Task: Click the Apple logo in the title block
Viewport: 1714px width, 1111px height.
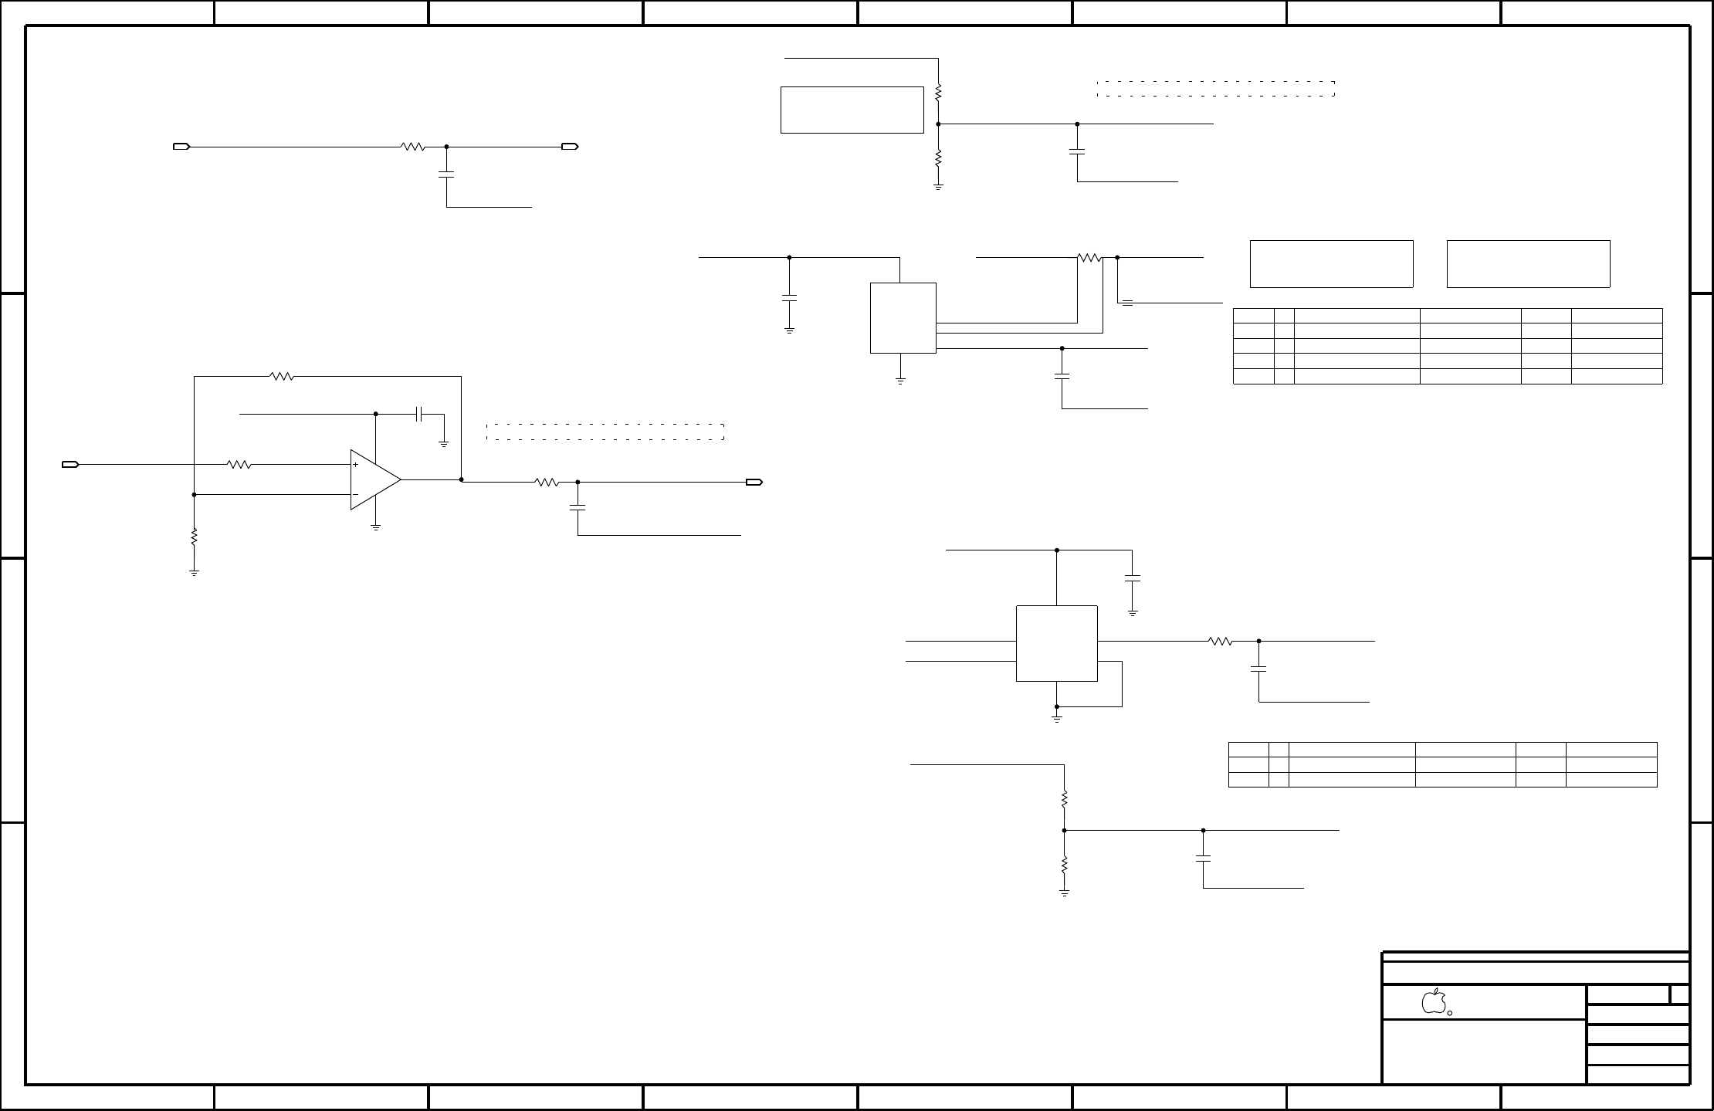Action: (1433, 1001)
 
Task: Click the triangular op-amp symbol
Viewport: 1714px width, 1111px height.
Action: (374, 479)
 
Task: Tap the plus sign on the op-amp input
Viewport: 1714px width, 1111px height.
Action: (355, 465)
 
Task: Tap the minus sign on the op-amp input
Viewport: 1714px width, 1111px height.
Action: (355, 494)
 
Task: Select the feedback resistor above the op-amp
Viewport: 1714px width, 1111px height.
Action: (282, 377)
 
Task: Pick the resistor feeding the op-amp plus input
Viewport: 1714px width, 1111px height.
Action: (239, 465)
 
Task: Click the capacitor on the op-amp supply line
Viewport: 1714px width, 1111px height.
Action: (419, 414)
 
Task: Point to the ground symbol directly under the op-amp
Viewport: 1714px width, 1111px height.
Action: (376, 527)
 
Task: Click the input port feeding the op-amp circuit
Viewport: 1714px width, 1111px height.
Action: (70, 465)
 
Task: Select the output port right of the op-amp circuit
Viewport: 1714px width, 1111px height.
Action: (754, 483)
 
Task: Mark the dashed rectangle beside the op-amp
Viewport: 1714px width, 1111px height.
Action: (605, 432)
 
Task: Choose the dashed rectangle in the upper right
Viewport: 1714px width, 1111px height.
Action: (1215, 89)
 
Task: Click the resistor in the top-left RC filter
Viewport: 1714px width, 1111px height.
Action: (413, 147)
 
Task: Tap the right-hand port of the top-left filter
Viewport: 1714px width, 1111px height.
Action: (570, 147)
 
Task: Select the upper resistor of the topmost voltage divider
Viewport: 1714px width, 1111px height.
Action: (938, 93)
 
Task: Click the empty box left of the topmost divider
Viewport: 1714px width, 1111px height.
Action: (852, 110)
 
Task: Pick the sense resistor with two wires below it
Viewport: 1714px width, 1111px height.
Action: (1089, 258)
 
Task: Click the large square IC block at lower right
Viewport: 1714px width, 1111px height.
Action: (1056, 643)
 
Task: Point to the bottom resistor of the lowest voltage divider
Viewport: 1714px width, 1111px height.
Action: (1065, 863)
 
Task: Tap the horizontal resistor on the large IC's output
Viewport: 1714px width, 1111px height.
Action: (1220, 641)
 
